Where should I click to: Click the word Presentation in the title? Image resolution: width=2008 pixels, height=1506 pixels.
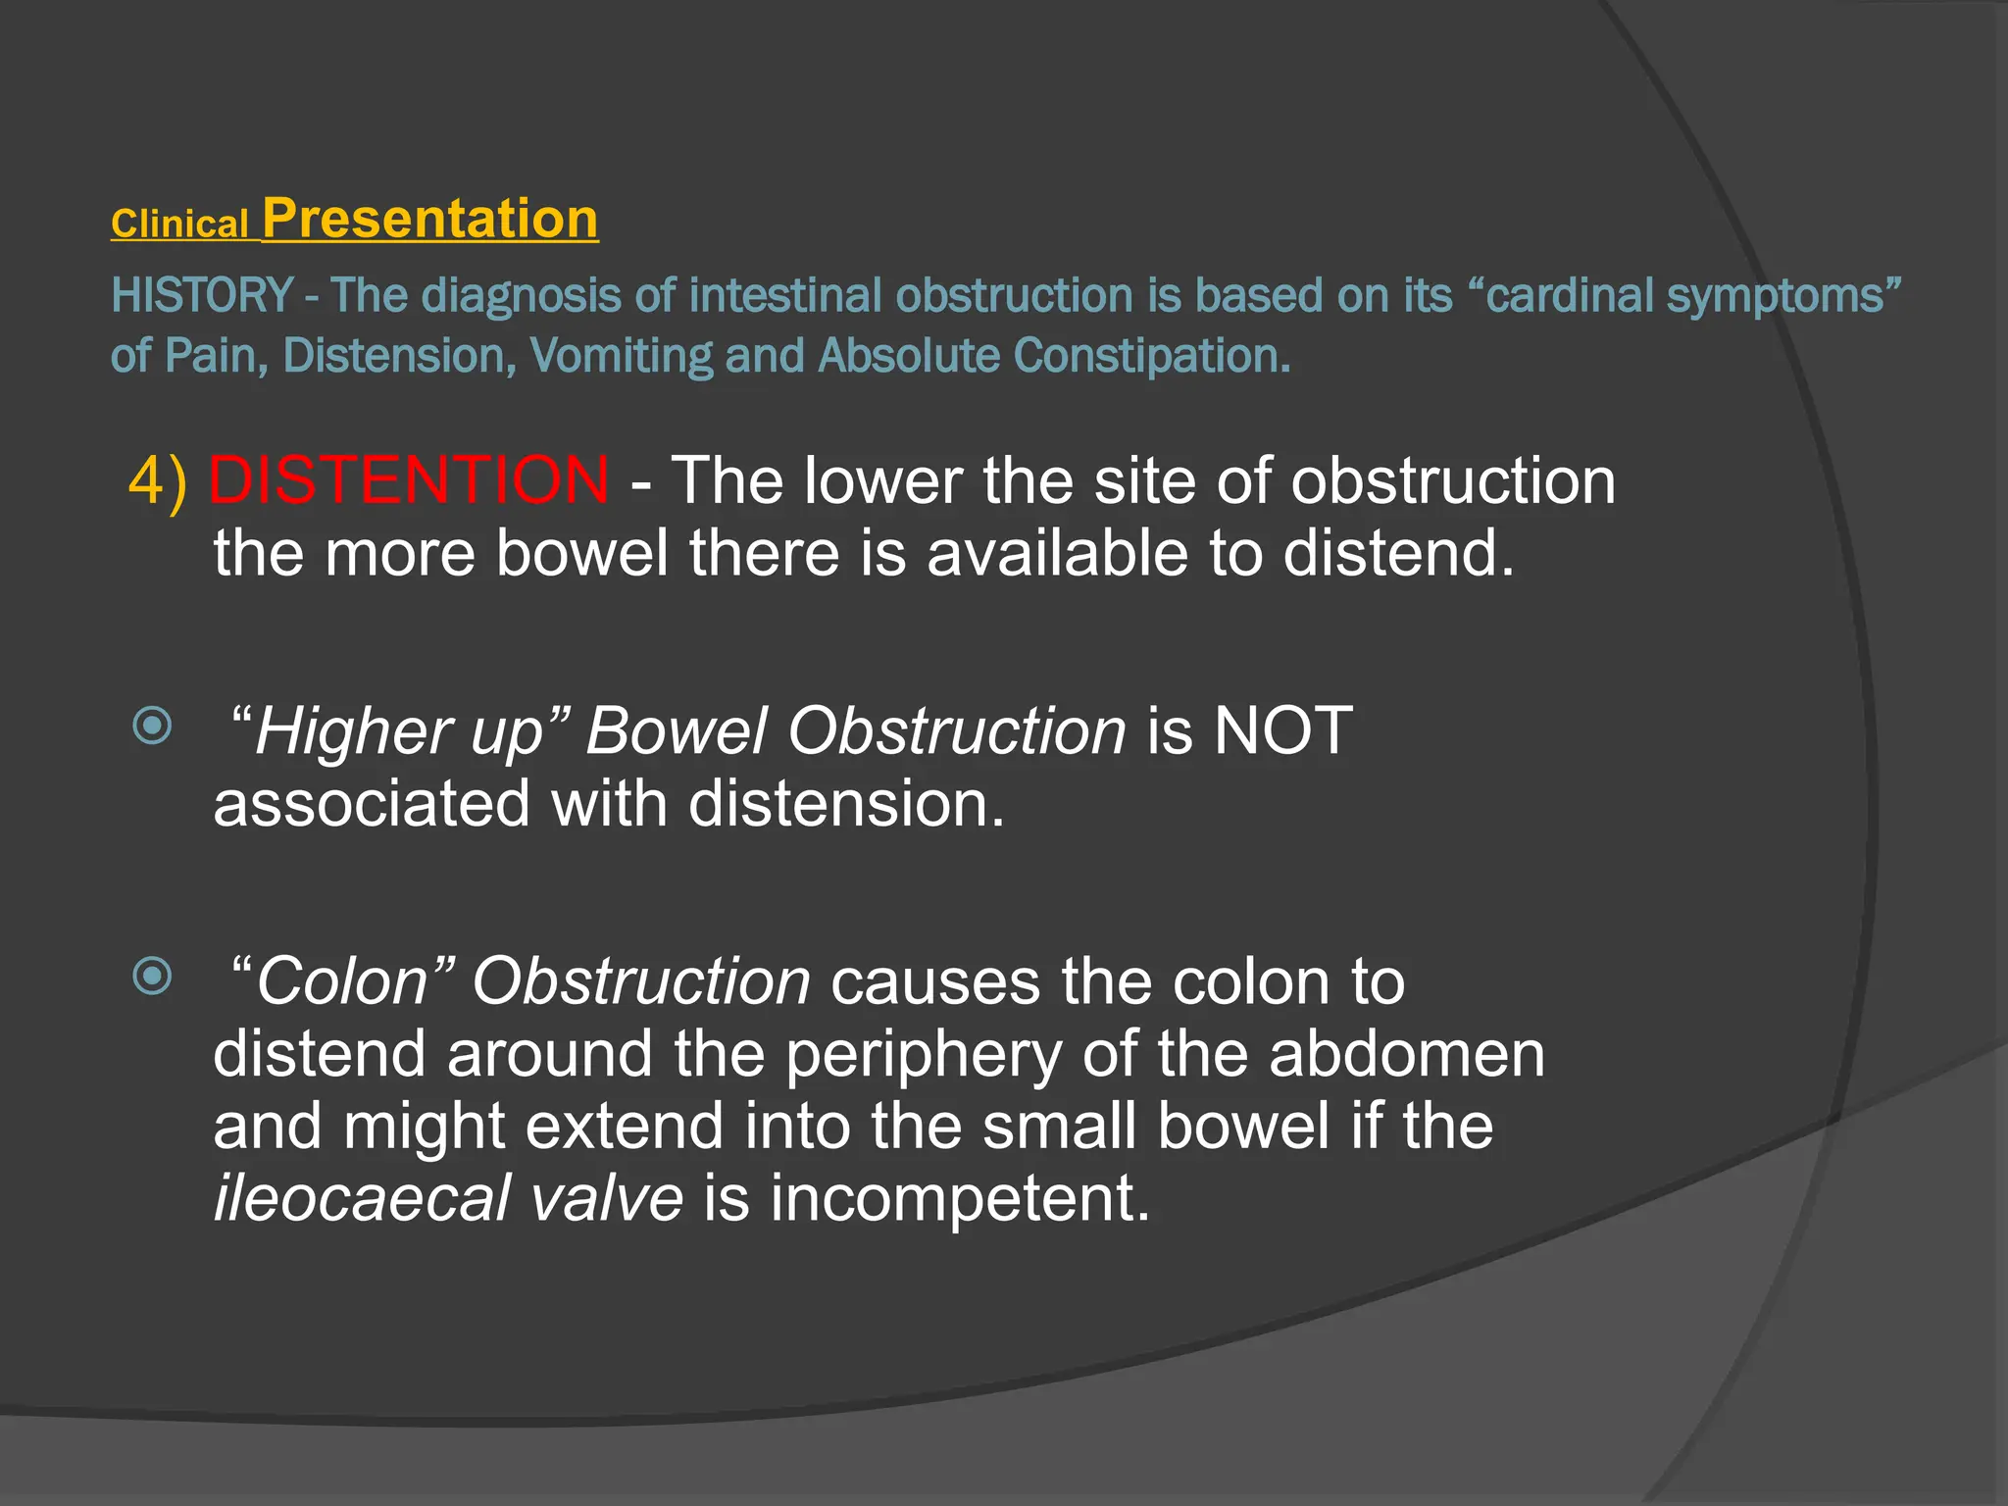coord(429,219)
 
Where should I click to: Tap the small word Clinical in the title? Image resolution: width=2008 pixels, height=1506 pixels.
coord(179,225)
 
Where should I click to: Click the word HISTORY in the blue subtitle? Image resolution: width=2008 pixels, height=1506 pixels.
coord(202,295)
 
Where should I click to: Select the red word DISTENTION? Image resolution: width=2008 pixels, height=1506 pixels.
coord(409,480)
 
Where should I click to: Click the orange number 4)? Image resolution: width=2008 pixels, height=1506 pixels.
coord(158,481)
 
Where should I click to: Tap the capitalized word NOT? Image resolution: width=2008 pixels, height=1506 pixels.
coord(1282,730)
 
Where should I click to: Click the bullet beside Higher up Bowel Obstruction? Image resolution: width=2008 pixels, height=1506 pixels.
coord(152,727)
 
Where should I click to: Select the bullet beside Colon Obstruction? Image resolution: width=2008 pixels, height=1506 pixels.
coord(152,976)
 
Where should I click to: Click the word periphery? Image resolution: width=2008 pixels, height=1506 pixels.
coord(923,1055)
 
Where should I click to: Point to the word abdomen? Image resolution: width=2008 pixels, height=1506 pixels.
coord(1406,1054)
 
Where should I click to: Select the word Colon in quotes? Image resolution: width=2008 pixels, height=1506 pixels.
coord(342,981)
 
